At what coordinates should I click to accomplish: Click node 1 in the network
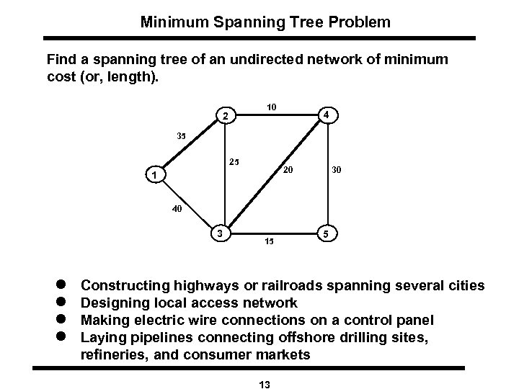coord(153,175)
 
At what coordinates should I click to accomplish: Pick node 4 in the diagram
coord(327,115)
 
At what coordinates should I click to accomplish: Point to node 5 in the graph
coord(327,234)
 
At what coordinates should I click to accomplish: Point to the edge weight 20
coord(287,171)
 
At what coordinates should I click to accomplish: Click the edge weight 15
coord(269,241)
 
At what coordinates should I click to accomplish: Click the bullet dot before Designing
coord(60,303)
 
